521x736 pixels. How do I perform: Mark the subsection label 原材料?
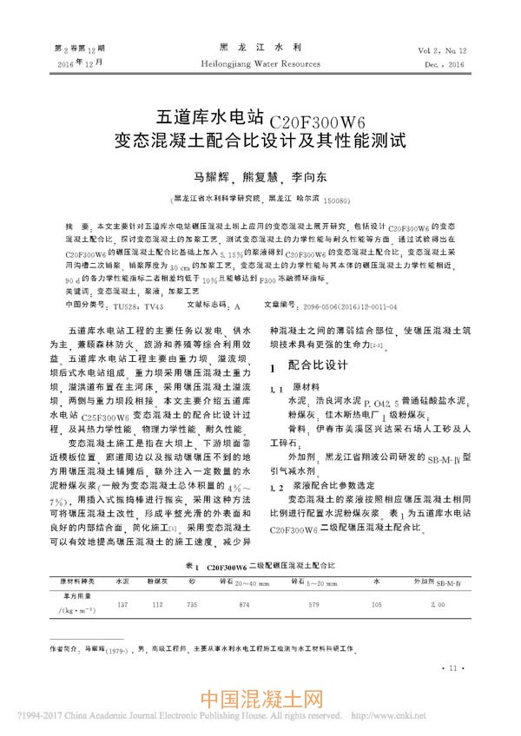[x=307, y=387]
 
